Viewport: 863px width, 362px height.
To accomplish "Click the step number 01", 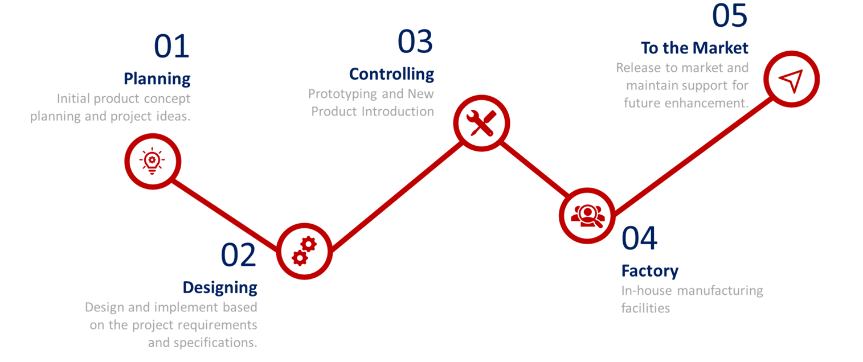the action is (x=171, y=46).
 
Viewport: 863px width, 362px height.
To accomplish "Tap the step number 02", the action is (x=238, y=254).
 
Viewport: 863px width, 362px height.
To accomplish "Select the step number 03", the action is (x=415, y=41).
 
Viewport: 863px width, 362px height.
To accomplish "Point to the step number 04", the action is (x=639, y=238).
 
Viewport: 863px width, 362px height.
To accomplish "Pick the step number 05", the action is (x=729, y=15).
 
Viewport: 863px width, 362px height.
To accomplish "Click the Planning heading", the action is (x=157, y=79).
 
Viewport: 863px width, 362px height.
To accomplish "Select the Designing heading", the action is (x=220, y=287).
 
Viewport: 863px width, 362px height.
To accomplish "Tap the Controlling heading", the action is (x=391, y=75).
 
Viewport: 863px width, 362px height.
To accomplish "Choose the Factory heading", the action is (x=649, y=271).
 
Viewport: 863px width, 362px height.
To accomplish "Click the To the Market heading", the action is (x=694, y=48).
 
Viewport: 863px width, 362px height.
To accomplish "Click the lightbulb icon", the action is (x=153, y=161).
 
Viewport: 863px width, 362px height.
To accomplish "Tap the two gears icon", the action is (x=304, y=251).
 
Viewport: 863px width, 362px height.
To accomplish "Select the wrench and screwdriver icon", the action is (x=481, y=124).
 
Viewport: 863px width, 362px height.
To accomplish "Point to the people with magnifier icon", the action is (x=587, y=216).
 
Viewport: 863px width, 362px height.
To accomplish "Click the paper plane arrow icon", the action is (x=791, y=80).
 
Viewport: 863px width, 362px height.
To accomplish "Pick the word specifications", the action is (x=215, y=343).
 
